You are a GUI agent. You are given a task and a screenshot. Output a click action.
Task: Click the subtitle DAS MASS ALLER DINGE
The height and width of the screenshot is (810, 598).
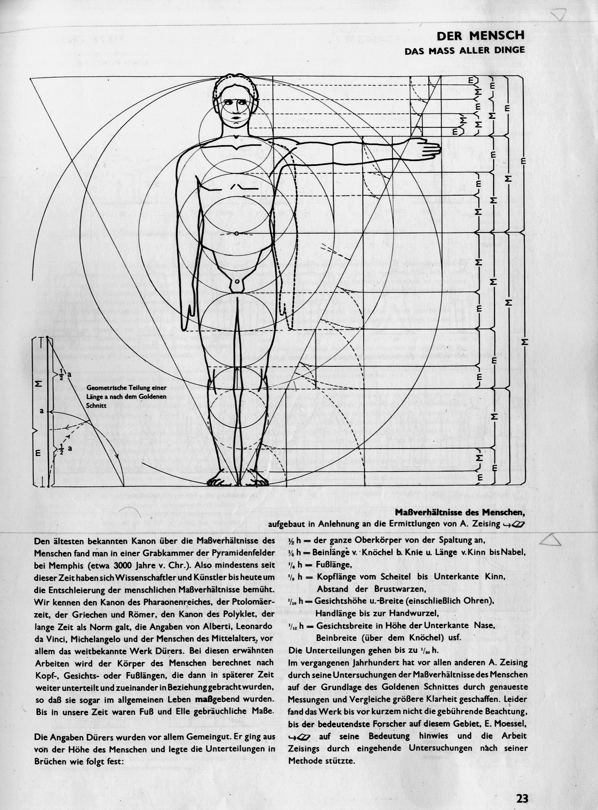point(464,50)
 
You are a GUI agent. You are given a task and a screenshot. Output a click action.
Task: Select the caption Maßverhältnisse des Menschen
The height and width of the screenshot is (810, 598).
point(460,512)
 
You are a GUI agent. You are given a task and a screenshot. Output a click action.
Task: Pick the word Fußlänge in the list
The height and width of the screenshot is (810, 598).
point(333,565)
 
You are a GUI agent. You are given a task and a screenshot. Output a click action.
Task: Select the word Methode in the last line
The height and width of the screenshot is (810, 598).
point(306,761)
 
